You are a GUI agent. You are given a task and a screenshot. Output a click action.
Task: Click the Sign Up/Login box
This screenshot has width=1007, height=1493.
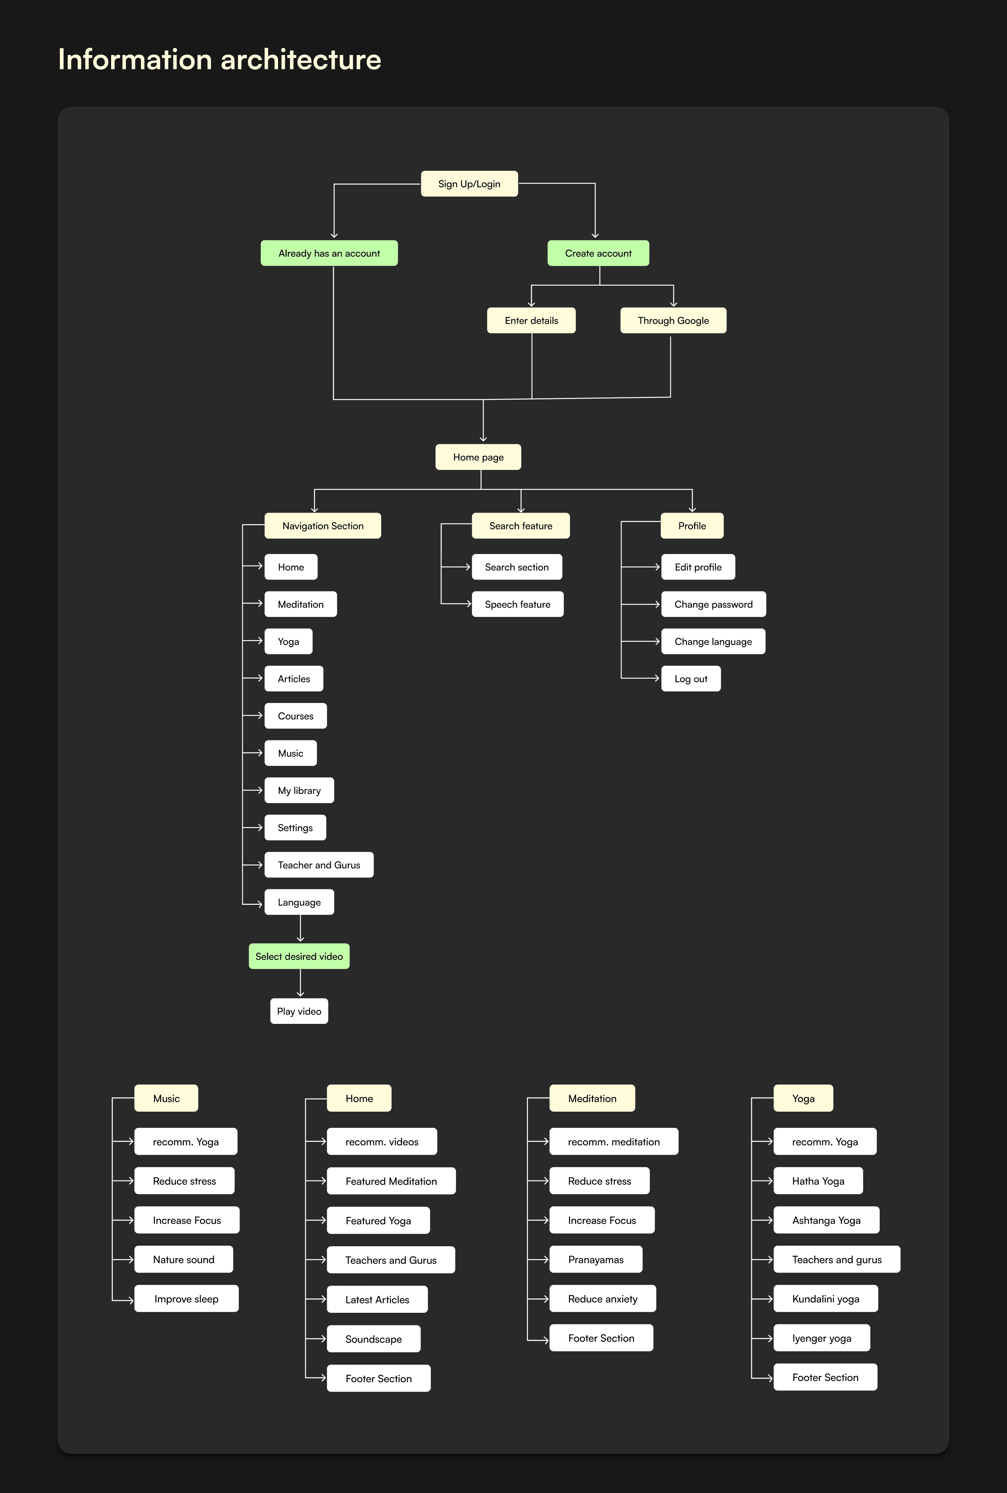pyautogui.click(x=469, y=184)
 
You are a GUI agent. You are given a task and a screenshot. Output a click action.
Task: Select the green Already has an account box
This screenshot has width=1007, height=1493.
pyautogui.click(x=329, y=253)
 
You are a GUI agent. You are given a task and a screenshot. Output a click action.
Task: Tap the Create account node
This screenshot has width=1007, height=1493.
pyautogui.click(x=598, y=253)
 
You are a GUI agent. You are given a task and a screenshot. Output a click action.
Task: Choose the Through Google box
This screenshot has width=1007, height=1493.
pyautogui.click(x=673, y=321)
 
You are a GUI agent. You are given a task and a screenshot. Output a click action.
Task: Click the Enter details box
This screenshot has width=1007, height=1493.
pyautogui.click(x=531, y=321)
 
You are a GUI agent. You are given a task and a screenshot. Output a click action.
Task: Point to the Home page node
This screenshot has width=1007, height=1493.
pyautogui.click(x=478, y=457)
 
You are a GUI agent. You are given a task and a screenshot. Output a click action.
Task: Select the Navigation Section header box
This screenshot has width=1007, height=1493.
pyautogui.click(x=322, y=526)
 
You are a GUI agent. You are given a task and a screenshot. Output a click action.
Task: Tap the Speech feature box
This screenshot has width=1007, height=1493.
pyautogui.click(x=517, y=604)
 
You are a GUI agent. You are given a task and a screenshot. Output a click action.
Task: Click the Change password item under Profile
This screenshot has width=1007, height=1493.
pyautogui.click(x=713, y=604)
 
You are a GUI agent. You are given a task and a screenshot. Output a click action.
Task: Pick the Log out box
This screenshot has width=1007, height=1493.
pyautogui.click(x=691, y=679)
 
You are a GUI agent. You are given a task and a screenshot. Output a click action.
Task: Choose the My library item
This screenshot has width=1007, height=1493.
pyautogui.click(x=299, y=791)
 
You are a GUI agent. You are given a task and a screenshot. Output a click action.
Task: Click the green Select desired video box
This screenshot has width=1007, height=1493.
pyautogui.click(x=299, y=957)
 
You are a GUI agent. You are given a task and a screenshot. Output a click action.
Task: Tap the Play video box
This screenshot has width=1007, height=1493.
pyautogui.click(x=299, y=1011)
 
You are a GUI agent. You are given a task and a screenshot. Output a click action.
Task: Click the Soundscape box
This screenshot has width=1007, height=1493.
pyautogui.click(x=373, y=1339)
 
